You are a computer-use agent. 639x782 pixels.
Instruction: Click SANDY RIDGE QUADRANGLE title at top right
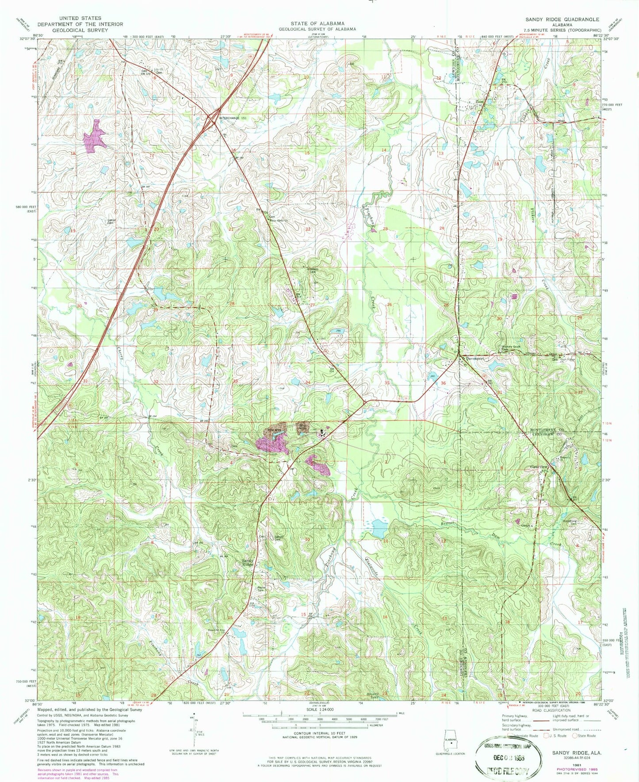pos(562,19)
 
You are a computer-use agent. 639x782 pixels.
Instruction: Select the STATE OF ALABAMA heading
pos(317,23)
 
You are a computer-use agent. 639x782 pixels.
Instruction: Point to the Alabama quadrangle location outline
pos(450,740)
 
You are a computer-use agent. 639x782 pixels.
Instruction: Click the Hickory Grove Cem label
pos(510,348)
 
